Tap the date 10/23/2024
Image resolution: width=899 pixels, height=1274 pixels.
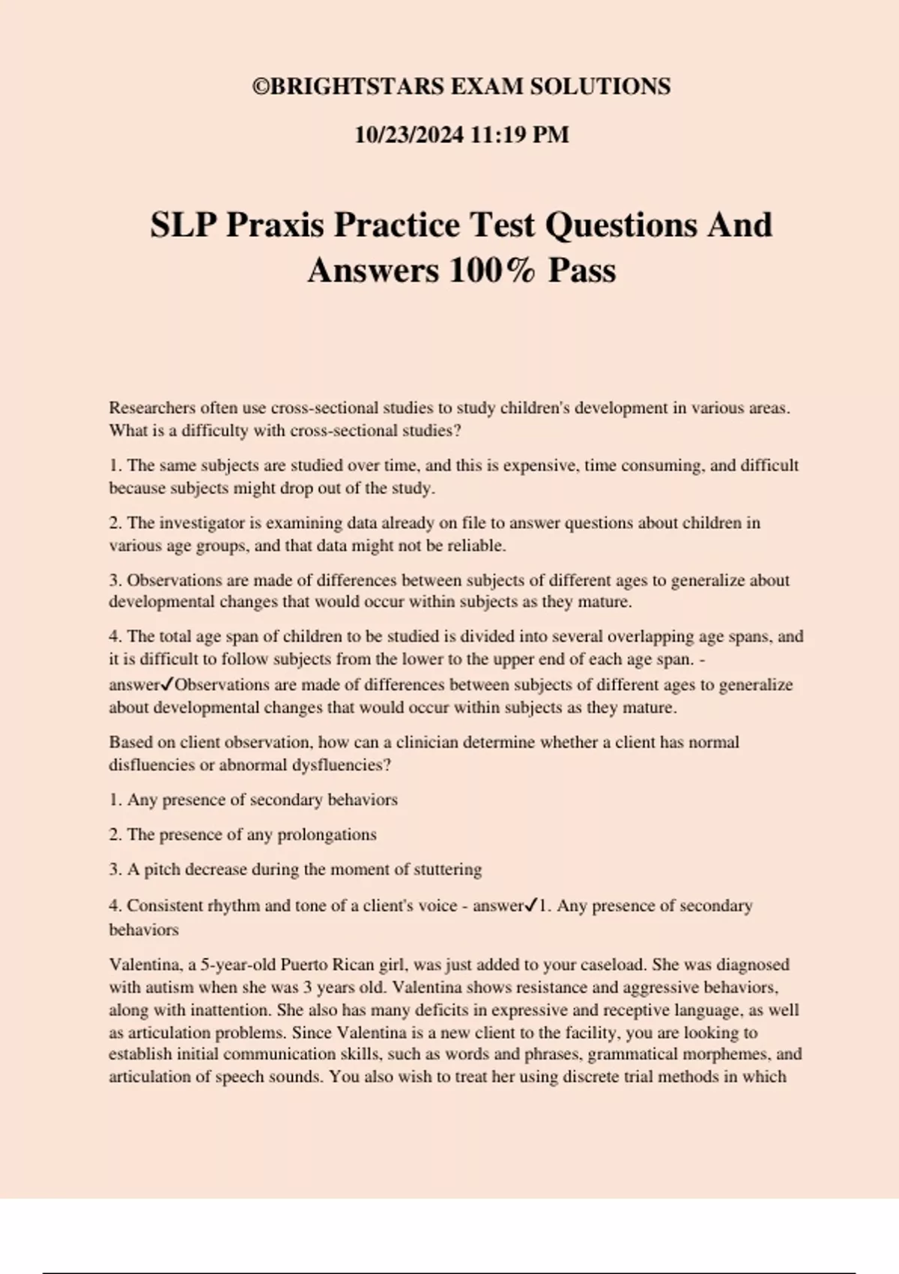[409, 135]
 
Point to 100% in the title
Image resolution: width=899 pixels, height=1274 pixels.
[492, 271]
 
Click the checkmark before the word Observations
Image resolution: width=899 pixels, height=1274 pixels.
[168, 684]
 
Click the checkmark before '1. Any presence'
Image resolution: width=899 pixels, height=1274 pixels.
[530, 905]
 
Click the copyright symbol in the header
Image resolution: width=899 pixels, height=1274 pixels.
[260, 87]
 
